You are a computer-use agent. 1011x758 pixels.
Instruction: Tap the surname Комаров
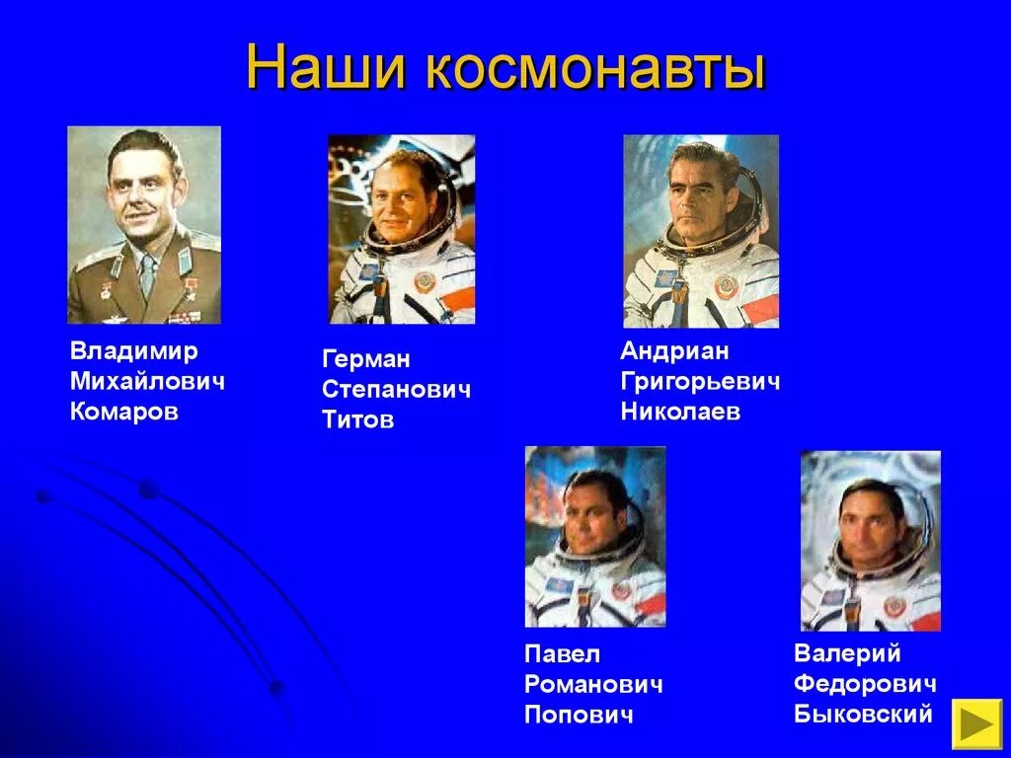pyautogui.click(x=124, y=413)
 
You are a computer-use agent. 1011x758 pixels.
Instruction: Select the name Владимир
pyautogui.click(x=134, y=351)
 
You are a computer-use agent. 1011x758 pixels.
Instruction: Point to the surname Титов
pyautogui.click(x=357, y=420)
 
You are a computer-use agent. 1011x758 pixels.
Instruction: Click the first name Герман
pyautogui.click(x=366, y=359)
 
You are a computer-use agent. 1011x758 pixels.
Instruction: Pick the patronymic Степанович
pyautogui.click(x=396, y=390)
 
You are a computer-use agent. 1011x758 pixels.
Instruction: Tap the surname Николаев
pyautogui.click(x=680, y=413)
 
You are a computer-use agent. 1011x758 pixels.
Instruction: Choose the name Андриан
pyautogui.click(x=674, y=351)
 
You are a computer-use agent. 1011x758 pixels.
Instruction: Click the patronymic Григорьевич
pyautogui.click(x=700, y=382)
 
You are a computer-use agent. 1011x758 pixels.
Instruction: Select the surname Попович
pyautogui.click(x=579, y=715)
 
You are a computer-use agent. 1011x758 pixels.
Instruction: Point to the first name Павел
pyautogui.click(x=563, y=654)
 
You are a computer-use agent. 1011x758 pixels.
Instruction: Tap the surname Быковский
pyautogui.click(x=863, y=714)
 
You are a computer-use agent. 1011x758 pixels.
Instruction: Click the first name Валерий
pyautogui.click(x=847, y=653)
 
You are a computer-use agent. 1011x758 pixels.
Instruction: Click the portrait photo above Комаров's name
pyautogui.click(x=144, y=225)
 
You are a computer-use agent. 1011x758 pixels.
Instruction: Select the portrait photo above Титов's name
pyautogui.click(x=402, y=229)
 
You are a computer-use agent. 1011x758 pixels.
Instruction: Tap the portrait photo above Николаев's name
pyautogui.click(x=701, y=231)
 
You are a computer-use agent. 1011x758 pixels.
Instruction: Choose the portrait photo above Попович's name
pyautogui.click(x=595, y=536)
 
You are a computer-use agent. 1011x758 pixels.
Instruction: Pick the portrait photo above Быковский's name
pyautogui.click(x=870, y=540)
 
